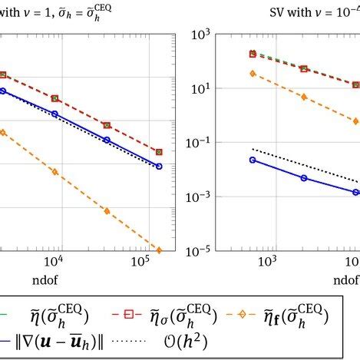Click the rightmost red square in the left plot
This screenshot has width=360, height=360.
click(x=159, y=152)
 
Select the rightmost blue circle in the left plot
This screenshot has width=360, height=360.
click(x=159, y=166)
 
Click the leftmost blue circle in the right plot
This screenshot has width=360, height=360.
click(x=253, y=160)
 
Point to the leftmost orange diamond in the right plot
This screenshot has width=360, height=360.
click(x=253, y=73)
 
